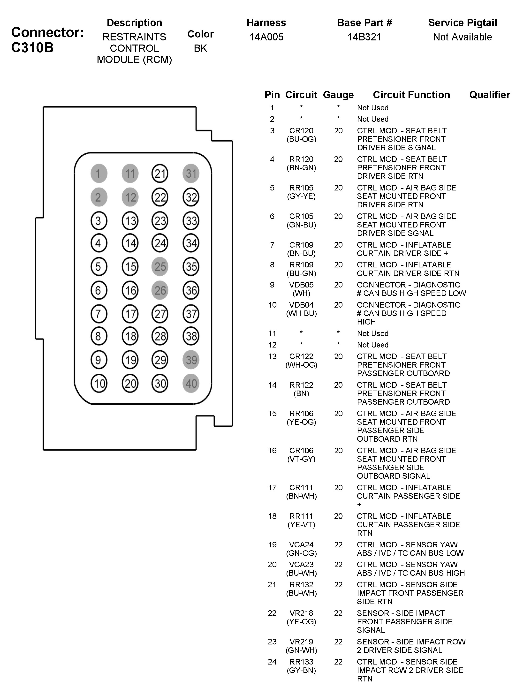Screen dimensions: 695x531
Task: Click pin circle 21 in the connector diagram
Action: pyautogui.click(x=160, y=174)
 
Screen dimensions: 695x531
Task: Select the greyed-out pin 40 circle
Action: pyautogui.click(x=191, y=383)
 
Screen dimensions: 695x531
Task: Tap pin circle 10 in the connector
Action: pyautogui.click(x=99, y=383)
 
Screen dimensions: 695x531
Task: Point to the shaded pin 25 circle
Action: pyautogui.click(x=160, y=266)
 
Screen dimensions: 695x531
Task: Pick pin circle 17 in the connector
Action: pyautogui.click(x=130, y=314)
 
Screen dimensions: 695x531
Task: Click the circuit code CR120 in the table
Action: pyautogui.click(x=301, y=130)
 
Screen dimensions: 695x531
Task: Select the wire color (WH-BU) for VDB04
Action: pyautogui.click(x=301, y=313)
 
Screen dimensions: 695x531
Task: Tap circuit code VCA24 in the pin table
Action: pyautogui.click(x=301, y=544)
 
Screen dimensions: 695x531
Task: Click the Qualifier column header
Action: pyautogui.click(x=489, y=95)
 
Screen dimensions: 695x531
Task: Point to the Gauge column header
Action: pyautogui.click(x=338, y=95)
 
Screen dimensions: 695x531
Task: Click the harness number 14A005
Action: pyautogui.click(x=266, y=37)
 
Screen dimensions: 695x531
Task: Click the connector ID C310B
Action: pyautogui.click(x=32, y=48)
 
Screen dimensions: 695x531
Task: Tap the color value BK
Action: pyautogui.click(x=200, y=48)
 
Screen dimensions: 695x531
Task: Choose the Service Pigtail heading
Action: pyautogui.click(x=463, y=23)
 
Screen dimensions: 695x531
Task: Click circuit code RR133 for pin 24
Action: pyautogui.click(x=301, y=662)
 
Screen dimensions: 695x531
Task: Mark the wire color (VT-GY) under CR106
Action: pyautogui.click(x=301, y=459)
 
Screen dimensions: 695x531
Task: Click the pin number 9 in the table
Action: pyautogui.click(x=272, y=285)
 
